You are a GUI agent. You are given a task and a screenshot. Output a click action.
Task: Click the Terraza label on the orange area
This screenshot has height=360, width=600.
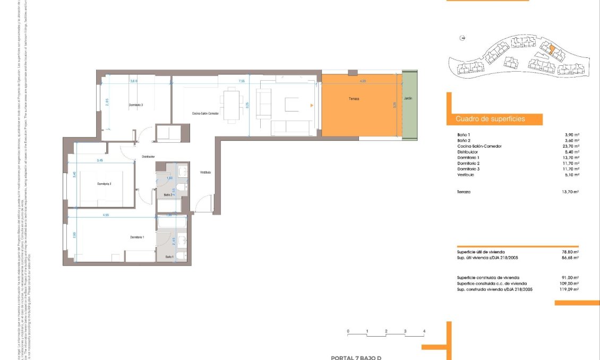[x=354, y=99]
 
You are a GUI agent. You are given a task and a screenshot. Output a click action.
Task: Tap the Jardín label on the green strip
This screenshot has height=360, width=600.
[x=408, y=99]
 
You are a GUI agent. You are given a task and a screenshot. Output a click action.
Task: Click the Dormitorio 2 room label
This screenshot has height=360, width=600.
[x=104, y=184]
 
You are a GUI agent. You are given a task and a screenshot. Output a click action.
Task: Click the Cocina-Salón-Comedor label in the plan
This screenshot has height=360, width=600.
[x=205, y=114]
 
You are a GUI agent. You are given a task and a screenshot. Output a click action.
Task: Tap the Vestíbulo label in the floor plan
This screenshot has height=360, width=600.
[x=205, y=173]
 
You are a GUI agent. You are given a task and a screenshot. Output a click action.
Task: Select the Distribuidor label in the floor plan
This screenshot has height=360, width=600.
[x=148, y=157]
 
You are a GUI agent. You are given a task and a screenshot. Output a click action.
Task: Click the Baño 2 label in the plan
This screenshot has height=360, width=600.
[x=168, y=195]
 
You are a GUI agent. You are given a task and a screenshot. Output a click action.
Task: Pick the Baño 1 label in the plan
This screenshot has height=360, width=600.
[x=169, y=256]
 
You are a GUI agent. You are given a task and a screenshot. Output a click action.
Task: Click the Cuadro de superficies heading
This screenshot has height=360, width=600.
[x=490, y=119]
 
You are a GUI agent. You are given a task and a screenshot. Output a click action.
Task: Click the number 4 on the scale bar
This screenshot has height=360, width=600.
[x=424, y=331]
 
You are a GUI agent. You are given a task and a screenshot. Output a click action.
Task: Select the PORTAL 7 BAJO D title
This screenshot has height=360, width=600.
[x=356, y=357]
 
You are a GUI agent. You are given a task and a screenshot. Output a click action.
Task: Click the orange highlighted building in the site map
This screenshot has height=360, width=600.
[x=552, y=51]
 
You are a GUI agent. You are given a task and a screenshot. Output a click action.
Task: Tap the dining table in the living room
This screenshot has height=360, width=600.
[x=231, y=106]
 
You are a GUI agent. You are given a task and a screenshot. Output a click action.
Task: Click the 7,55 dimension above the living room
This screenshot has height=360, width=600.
[x=242, y=81]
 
